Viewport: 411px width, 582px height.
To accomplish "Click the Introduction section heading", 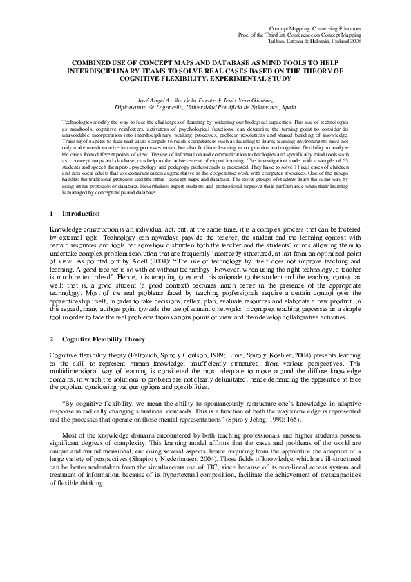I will pos(82,214).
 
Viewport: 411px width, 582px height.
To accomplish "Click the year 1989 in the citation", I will pos(207,354).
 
